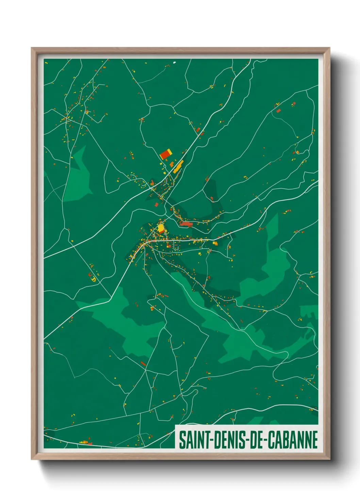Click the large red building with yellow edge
[166, 154]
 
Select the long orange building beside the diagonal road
[178, 167]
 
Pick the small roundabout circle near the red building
[165, 166]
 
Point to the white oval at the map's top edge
[175, 62]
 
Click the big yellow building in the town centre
[161, 227]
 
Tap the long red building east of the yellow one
[186, 224]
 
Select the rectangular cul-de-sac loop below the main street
[176, 246]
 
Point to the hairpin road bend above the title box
[195, 392]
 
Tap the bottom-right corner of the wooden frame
[329, 459]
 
